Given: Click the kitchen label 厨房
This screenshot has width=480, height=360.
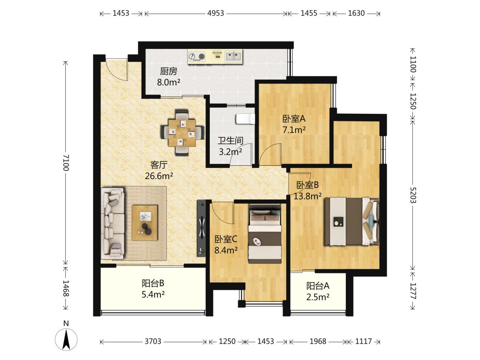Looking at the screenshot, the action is point(169,71).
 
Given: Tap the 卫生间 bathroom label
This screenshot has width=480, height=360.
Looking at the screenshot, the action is point(231,140).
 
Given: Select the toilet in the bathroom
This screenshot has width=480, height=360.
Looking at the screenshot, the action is point(245,119).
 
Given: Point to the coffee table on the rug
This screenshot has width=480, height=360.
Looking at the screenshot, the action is point(145,223).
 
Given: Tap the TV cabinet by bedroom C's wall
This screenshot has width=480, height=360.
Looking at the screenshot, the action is point(201,228).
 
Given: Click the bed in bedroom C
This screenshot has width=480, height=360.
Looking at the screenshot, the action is point(265,234).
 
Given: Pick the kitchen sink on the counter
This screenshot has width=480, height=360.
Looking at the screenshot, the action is point(234,56).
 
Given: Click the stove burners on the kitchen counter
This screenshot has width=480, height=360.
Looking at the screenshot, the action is point(196,56).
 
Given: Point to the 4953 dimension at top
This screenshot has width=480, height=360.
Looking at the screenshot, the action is point(216,13).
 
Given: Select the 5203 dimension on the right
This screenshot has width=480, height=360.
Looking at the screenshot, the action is point(413,195).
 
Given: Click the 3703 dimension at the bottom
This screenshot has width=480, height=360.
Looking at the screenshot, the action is point(153,341).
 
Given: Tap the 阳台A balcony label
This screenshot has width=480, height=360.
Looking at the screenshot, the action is point(318,286).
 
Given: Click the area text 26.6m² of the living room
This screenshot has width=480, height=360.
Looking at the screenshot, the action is point(159,176).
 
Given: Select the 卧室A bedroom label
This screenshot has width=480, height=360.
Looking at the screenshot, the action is point(294,119).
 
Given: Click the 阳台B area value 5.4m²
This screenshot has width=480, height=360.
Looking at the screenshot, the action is point(153,295).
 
